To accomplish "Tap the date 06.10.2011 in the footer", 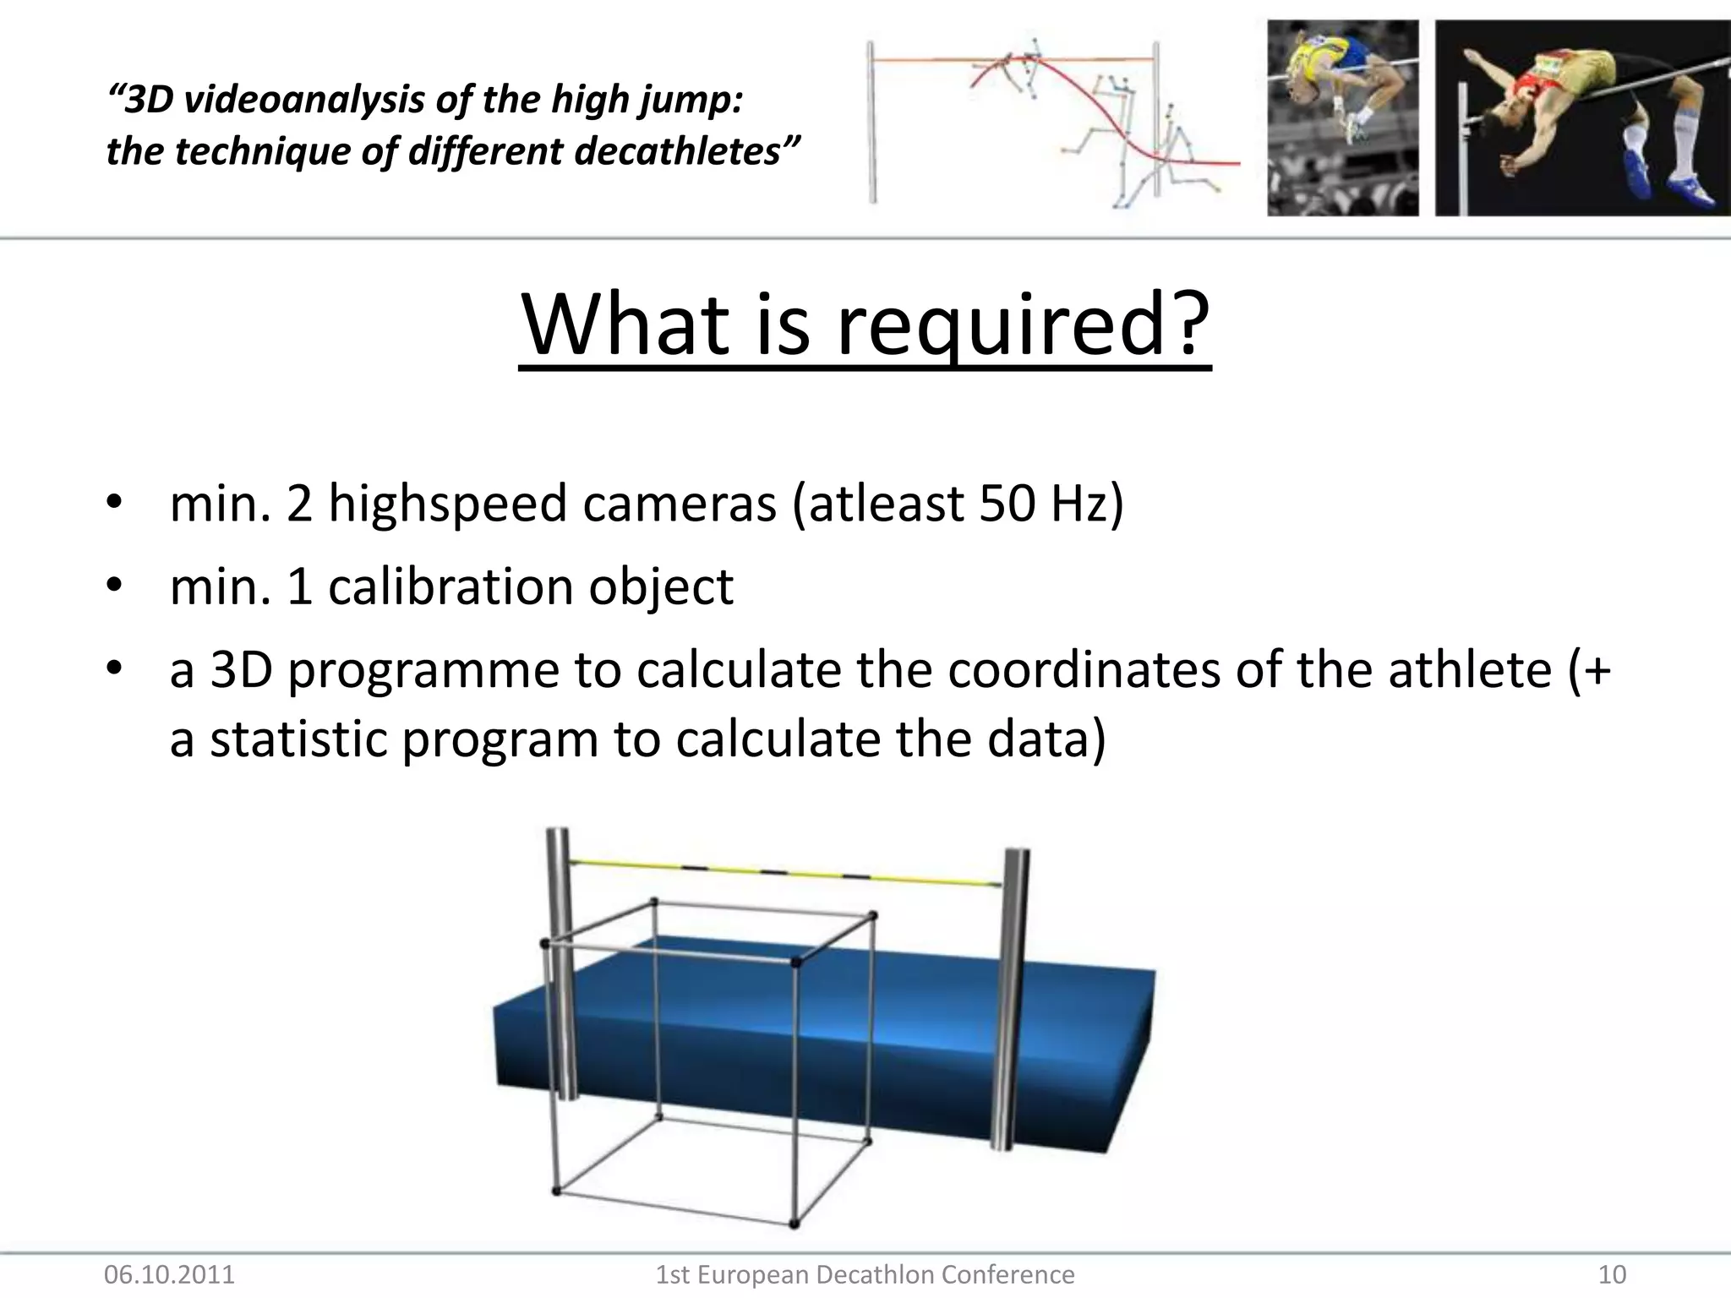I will click(169, 1273).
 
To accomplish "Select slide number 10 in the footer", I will click(1612, 1273).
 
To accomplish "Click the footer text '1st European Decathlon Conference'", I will click(865, 1273).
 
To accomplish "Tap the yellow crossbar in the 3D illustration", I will click(786, 873).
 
